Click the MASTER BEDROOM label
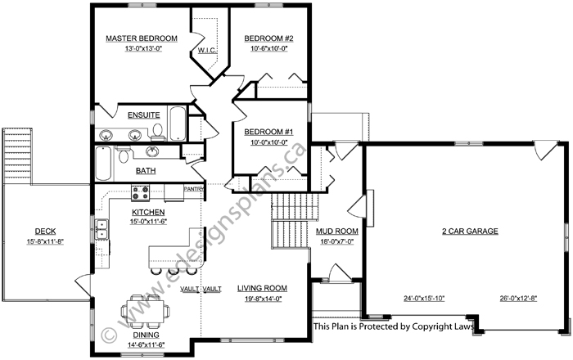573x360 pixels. (142, 38)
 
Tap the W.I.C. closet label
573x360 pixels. (207, 50)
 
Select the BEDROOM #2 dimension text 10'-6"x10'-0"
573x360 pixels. (269, 48)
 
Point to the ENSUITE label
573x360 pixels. (143, 115)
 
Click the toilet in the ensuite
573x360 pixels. (158, 133)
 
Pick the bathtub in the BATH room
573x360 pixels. (103, 163)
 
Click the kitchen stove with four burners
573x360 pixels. (140, 193)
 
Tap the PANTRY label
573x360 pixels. (194, 189)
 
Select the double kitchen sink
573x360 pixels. (102, 229)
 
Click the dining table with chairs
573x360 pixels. (145, 312)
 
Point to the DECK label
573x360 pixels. (45, 231)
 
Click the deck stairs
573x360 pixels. (17, 156)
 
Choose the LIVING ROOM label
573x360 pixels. (263, 289)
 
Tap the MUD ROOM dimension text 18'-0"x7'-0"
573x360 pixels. (336, 241)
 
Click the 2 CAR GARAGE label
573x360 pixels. (470, 231)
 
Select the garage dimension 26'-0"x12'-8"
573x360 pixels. (518, 299)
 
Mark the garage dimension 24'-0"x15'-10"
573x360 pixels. (424, 299)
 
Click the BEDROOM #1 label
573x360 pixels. (268, 132)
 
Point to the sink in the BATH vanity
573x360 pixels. (152, 151)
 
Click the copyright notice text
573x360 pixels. (394, 326)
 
